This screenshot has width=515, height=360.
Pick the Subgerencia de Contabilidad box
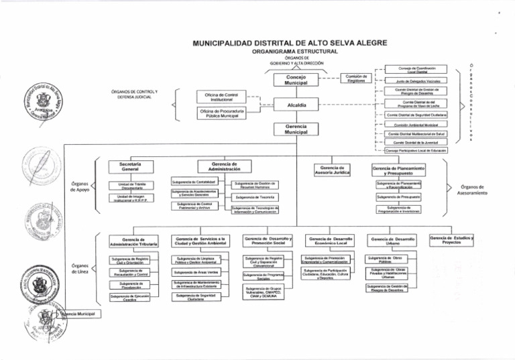click(x=192, y=182)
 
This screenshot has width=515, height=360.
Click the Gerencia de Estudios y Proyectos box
click(x=452, y=240)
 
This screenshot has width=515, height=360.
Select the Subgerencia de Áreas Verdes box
click(x=196, y=272)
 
